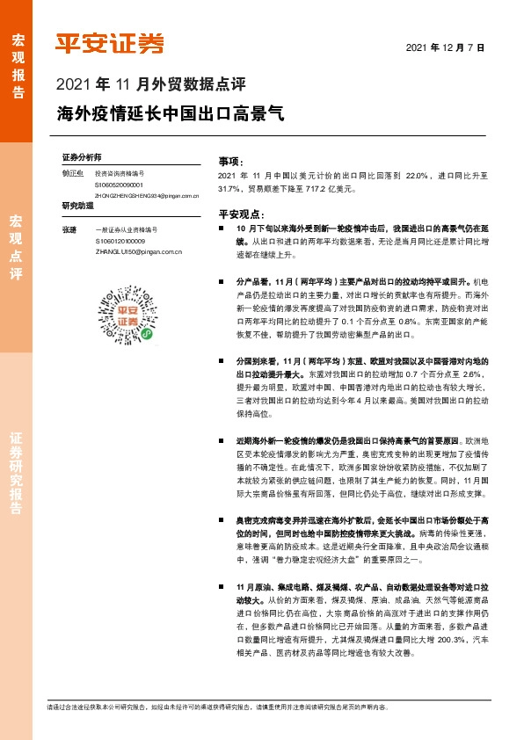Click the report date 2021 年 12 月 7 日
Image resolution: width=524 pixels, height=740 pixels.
(447, 47)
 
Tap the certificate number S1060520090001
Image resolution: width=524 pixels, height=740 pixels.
(120, 185)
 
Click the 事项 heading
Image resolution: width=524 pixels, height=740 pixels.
(229, 162)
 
